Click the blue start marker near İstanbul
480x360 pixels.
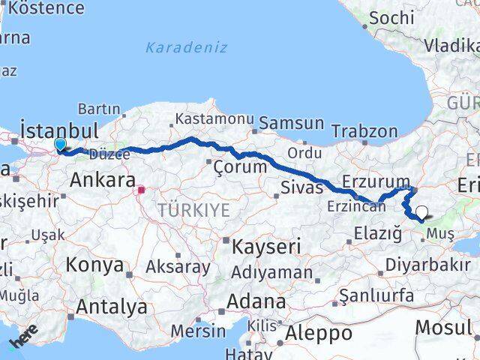[x=60, y=144]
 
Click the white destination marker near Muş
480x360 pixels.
[x=422, y=213]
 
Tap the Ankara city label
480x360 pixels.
[x=102, y=181]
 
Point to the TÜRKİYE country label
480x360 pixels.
[x=193, y=211]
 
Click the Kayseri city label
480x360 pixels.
[x=267, y=246]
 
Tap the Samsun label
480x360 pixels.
[x=291, y=123]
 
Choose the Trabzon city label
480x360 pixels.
[x=364, y=131]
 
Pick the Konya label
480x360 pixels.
[x=94, y=265]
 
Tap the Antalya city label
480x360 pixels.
[x=112, y=306]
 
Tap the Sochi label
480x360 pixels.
[x=391, y=16]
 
